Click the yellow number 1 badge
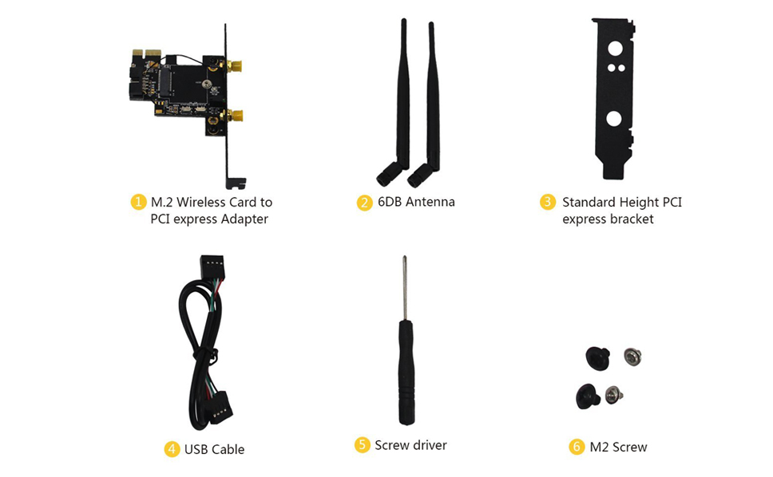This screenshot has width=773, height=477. click(139, 203)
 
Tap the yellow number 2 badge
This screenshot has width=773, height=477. click(365, 203)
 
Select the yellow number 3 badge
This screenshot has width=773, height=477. click(548, 203)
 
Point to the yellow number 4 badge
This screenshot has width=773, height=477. click(172, 449)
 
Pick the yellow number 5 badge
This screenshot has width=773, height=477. click(363, 445)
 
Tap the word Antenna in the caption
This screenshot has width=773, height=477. click(430, 203)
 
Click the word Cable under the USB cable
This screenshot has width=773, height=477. click(228, 449)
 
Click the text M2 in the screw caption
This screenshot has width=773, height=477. click(600, 447)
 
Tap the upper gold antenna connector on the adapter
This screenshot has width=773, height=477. click(233, 65)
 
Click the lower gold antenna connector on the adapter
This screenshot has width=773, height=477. click(233, 117)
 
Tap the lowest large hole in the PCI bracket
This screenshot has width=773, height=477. click(614, 119)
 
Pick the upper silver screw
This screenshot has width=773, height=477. click(632, 356)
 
